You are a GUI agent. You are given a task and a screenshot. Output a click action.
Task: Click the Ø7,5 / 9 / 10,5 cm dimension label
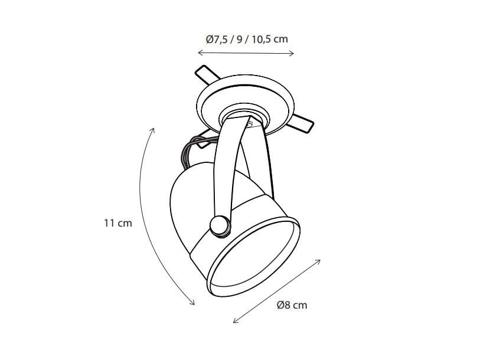[246, 39]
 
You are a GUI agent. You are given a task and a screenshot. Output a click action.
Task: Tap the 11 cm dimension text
[117, 223]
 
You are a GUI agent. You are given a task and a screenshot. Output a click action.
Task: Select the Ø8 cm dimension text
[292, 305]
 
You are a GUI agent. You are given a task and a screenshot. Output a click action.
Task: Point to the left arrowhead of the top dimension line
[199, 53]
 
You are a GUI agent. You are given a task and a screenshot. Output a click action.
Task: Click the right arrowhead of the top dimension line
[292, 53]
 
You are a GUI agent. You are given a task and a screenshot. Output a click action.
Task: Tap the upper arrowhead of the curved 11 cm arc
[153, 129]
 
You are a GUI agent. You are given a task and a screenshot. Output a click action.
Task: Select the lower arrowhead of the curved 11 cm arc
[192, 303]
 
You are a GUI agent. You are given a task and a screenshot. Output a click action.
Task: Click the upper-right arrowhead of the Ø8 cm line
[319, 260]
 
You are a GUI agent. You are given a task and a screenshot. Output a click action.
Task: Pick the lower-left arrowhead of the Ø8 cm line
[235, 322]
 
